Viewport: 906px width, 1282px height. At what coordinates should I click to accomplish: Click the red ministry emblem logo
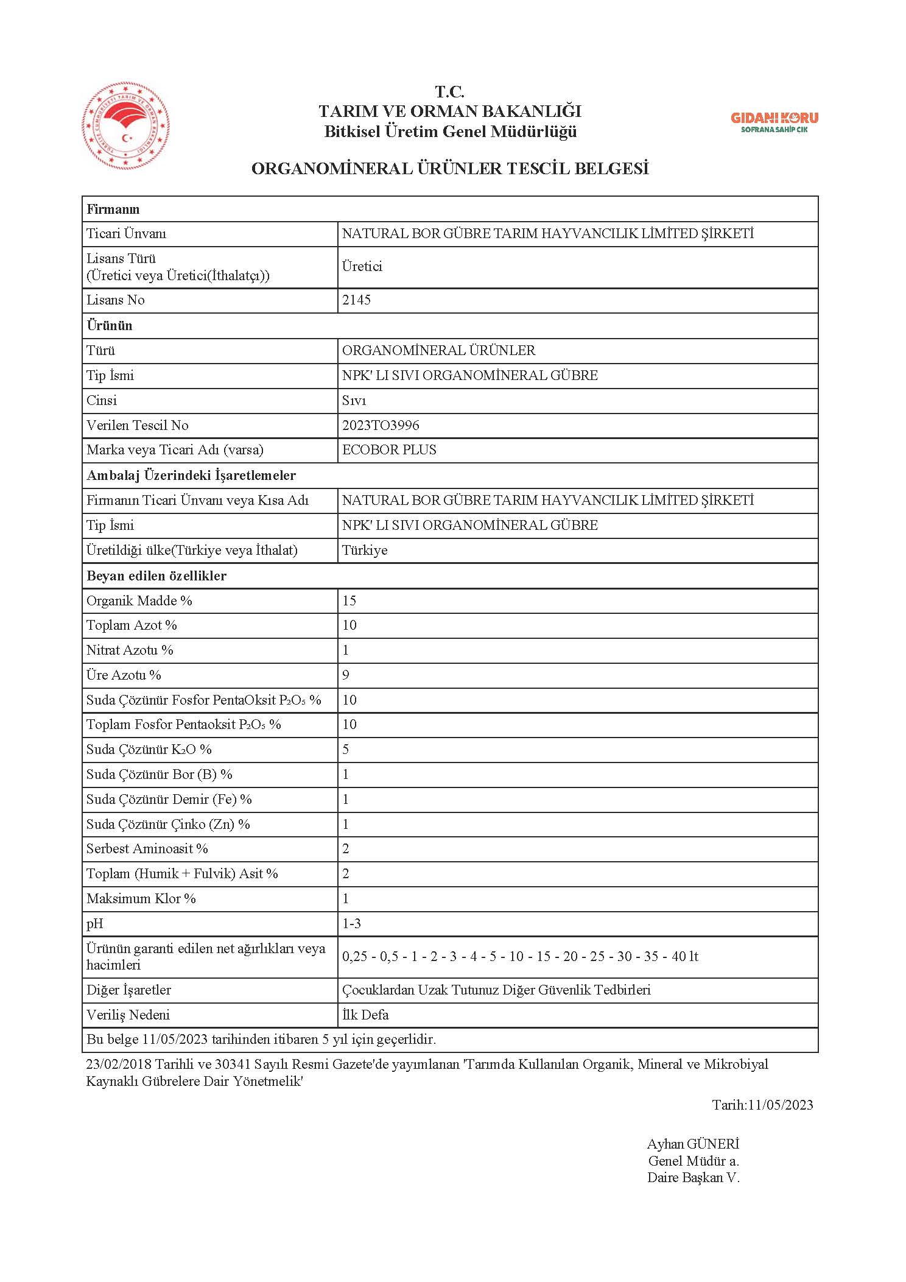coord(126,127)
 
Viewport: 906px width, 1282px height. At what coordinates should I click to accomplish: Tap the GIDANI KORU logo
coord(774,122)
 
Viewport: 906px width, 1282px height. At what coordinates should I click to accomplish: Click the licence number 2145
coord(356,300)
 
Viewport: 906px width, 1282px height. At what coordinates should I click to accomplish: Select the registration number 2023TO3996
coord(381,425)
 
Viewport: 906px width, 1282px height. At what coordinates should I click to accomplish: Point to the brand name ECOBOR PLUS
coord(389,450)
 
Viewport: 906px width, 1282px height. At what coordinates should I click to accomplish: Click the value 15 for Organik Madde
coord(349,600)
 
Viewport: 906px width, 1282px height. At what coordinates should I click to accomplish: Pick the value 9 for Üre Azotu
coord(346,675)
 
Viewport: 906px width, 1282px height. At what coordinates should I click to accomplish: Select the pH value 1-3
coord(351,923)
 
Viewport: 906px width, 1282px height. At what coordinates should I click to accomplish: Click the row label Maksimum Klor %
coord(141,898)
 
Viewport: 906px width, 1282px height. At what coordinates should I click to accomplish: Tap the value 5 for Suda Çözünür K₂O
coord(346,749)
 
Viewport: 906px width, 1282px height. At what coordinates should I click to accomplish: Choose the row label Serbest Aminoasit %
coord(147,848)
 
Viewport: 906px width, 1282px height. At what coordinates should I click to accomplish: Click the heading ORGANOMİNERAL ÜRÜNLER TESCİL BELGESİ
coord(450,169)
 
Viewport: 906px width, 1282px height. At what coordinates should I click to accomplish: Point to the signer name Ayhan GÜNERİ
coord(693,1144)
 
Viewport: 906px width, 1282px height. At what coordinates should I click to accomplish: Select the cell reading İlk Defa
coord(365,1015)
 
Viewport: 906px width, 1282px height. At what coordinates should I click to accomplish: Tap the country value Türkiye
coord(365,550)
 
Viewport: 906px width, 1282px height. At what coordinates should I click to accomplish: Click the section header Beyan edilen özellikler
coord(156,576)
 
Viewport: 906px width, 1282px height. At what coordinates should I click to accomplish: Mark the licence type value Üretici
coord(362,267)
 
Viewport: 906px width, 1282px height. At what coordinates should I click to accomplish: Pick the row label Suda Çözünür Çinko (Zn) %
coord(168,824)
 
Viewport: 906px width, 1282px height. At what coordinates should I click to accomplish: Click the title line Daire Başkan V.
coord(693,1177)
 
